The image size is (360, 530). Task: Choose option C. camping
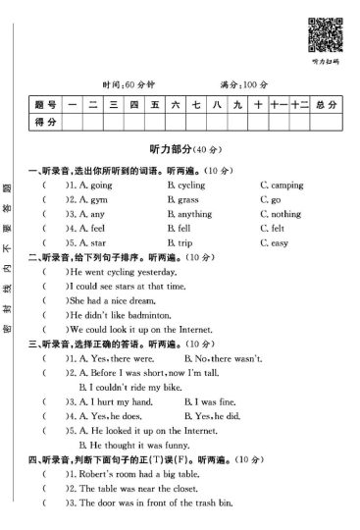click(282, 185)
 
